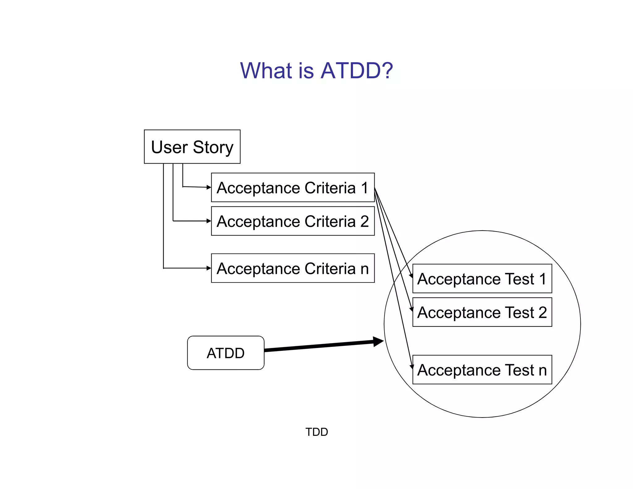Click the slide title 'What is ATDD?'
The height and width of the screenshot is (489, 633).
(x=316, y=70)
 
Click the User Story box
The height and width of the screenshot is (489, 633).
(x=192, y=147)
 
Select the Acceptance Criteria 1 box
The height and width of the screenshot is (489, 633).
(x=292, y=188)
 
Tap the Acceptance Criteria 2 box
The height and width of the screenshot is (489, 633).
(x=292, y=221)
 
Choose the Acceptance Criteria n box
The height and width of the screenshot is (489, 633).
(x=292, y=268)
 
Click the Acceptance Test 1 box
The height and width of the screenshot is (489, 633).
(x=482, y=279)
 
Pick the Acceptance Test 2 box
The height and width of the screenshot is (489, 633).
(x=482, y=312)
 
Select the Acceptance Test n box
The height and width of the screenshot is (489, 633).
(x=482, y=370)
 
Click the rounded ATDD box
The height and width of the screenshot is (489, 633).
(x=226, y=353)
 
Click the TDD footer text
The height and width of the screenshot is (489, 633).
(x=316, y=432)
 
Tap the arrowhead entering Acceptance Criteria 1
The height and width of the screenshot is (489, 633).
(x=209, y=187)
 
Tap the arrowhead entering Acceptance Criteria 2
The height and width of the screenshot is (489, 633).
(x=209, y=221)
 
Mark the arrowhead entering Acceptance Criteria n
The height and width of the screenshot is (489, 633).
(x=209, y=268)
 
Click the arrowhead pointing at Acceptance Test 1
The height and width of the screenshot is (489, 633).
(x=411, y=276)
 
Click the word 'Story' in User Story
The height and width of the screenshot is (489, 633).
(x=213, y=147)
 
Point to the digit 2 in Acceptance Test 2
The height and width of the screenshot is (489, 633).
(x=542, y=312)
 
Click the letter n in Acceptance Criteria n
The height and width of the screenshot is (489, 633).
(x=364, y=269)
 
